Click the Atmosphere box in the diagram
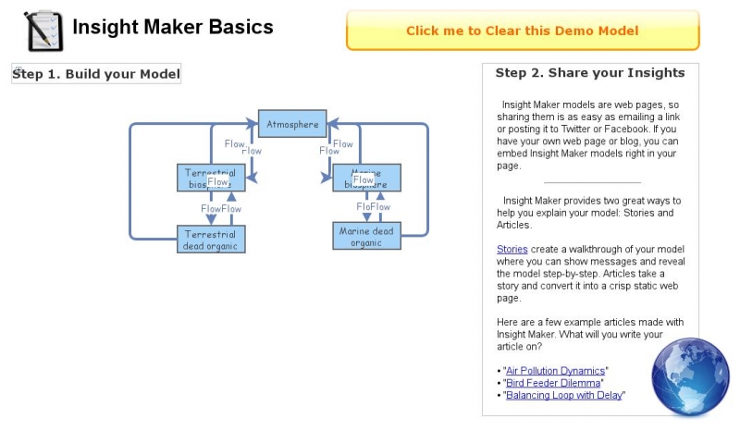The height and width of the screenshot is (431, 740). click(292, 124)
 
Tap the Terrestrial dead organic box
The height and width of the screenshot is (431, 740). click(211, 240)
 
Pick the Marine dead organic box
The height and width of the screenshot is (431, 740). click(366, 236)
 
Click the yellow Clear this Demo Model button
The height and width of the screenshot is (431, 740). click(522, 31)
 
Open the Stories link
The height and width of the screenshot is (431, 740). click(512, 249)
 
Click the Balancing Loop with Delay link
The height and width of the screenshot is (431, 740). click(563, 395)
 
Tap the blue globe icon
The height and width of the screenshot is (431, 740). click(690, 377)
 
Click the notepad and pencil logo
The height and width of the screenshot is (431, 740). click(43, 31)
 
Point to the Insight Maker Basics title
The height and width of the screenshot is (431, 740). click(173, 27)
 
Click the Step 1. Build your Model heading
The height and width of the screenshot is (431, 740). click(96, 74)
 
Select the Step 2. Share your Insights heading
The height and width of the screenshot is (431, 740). click(590, 73)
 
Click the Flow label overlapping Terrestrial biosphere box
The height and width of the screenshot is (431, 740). click(218, 182)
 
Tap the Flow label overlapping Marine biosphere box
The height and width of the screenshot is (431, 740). click(363, 180)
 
